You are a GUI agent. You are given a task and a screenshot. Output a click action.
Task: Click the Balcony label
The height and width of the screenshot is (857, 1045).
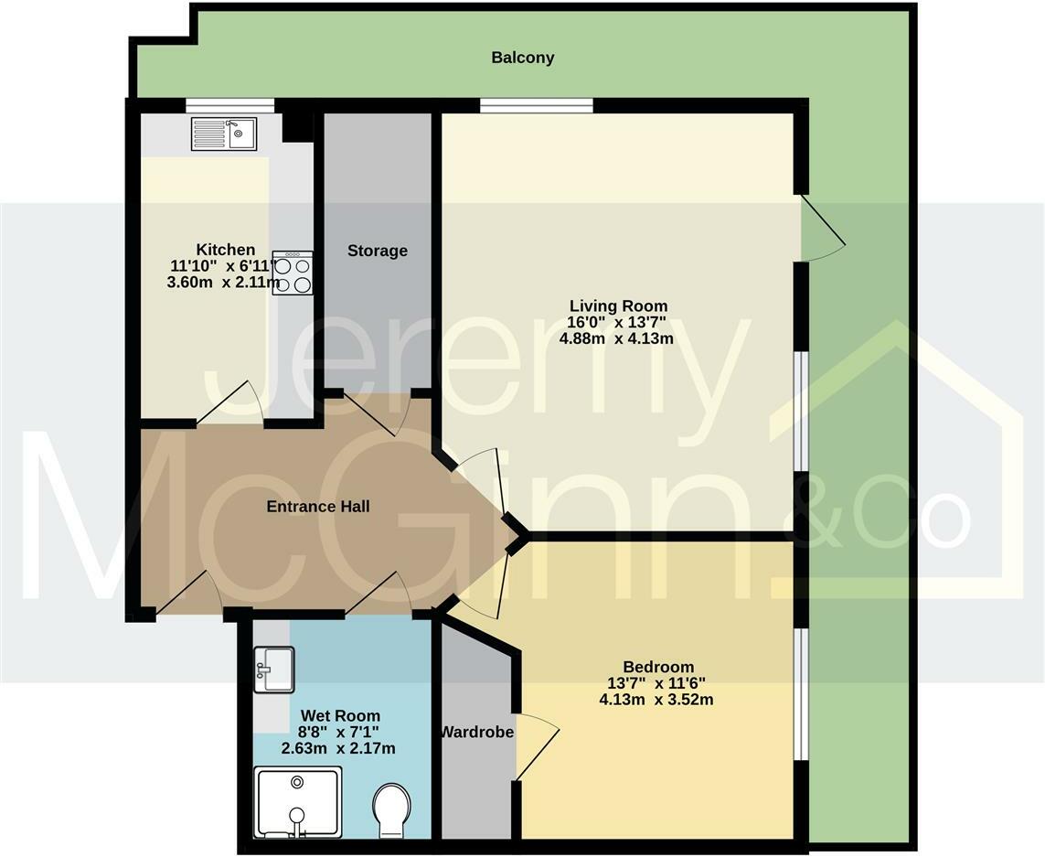(522, 58)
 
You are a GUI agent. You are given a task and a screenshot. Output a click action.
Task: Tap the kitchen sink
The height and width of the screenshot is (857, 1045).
(223, 134)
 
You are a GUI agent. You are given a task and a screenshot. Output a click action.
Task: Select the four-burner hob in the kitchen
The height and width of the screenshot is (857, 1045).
(293, 273)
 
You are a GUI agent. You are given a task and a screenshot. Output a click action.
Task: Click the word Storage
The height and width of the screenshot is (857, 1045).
(377, 251)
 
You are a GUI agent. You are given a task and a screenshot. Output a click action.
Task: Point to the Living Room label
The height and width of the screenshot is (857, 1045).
(618, 305)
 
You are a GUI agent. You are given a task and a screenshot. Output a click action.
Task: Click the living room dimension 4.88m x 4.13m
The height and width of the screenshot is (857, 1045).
(616, 338)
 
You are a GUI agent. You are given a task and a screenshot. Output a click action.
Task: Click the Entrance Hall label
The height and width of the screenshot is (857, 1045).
(317, 506)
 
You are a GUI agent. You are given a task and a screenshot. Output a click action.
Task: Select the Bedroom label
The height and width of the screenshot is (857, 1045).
(657, 667)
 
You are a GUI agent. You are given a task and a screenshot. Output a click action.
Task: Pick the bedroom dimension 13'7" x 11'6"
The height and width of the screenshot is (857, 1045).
(656, 683)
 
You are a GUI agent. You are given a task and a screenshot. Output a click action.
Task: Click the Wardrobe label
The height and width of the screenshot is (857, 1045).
(476, 732)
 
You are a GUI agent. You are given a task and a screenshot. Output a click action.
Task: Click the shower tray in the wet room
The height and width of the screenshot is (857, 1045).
(297, 801)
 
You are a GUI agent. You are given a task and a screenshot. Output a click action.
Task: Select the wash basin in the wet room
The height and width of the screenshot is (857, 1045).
(273, 669)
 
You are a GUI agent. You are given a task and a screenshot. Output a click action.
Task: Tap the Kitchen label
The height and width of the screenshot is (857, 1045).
(226, 250)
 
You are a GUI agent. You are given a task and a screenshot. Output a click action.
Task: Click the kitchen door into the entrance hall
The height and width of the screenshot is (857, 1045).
(231, 405)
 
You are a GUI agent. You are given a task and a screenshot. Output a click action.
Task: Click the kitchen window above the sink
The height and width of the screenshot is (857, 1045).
(229, 104)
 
